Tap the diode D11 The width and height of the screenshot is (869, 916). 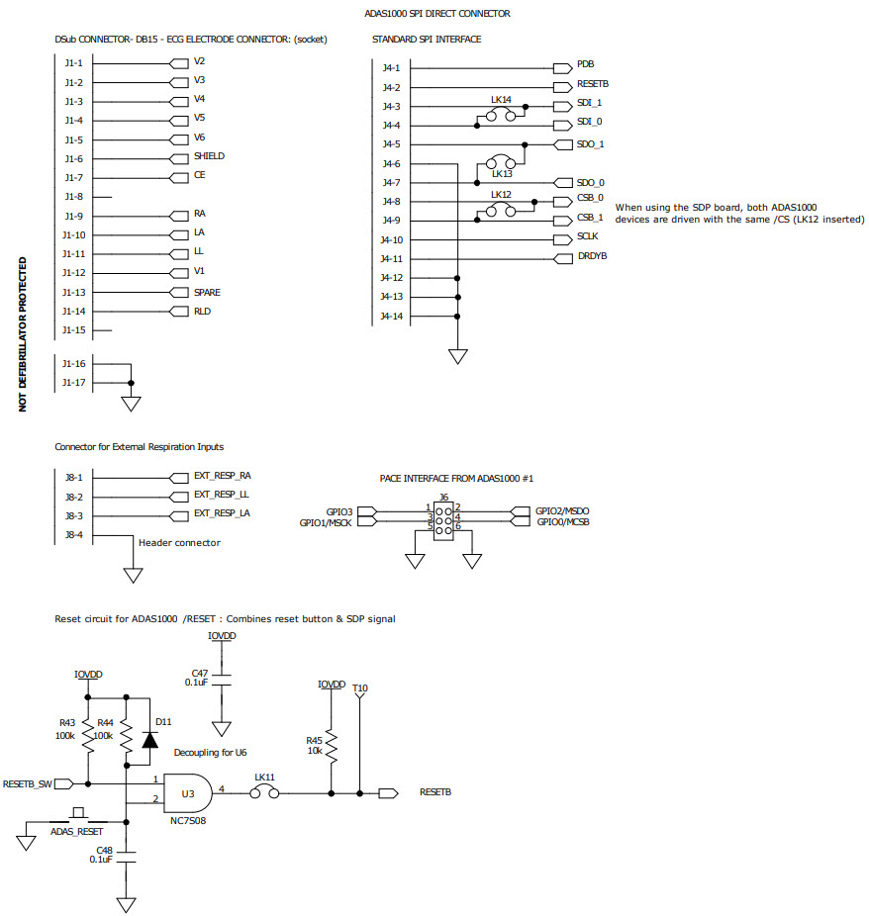pyautogui.click(x=149, y=739)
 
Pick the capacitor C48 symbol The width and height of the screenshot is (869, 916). pyautogui.click(x=127, y=854)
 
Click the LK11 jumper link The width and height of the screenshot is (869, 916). pyautogui.click(x=265, y=791)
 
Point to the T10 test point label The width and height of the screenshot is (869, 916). pyautogui.click(x=359, y=688)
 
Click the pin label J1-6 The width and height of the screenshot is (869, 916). pyautogui.click(x=74, y=159)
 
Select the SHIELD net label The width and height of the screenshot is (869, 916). pyautogui.click(x=209, y=156)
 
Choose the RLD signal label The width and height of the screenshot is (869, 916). pyautogui.click(x=202, y=311)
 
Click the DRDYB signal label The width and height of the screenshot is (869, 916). pyautogui.click(x=591, y=257)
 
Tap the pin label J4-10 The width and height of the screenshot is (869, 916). pyautogui.click(x=392, y=240)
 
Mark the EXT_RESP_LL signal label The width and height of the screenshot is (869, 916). pyautogui.click(x=221, y=494)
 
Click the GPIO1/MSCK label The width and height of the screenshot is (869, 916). pyautogui.click(x=326, y=522)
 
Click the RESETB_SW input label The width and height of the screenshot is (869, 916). pyautogui.click(x=27, y=783)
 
